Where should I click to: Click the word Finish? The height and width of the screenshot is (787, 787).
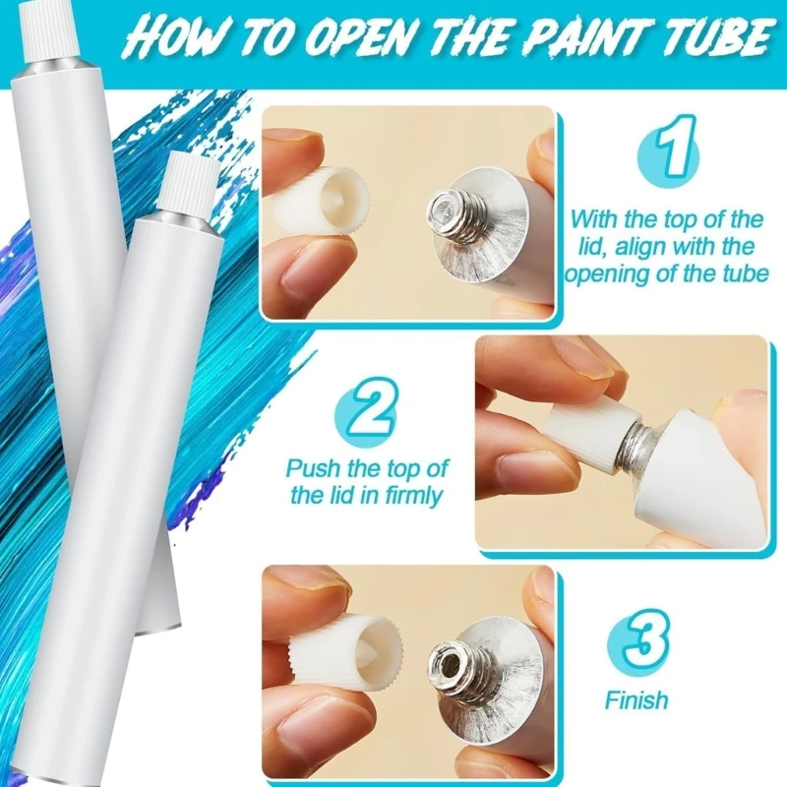(x=636, y=700)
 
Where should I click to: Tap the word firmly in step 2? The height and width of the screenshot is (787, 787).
(x=414, y=497)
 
